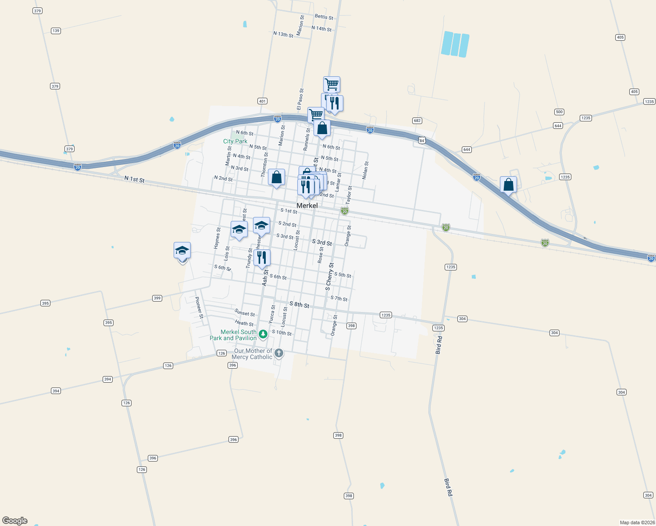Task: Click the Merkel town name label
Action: pos(307,206)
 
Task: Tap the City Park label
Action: pos(235,141)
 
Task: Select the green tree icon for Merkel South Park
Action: pos(263,334)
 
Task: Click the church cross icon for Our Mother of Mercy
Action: pos(278,353)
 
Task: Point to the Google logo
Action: pos(15,521)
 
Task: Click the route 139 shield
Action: pos(56,31)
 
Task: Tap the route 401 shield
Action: pos(262,101)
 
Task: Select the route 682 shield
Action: pos(417,121)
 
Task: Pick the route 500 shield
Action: pos(559,112)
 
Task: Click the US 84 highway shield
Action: pos(422,140)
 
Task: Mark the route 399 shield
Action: pos(157,298)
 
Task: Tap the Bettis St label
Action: pos(324,17)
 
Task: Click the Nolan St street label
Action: pos(365,170)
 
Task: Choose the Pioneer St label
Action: pos(199,307)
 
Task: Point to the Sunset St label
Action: pos(245,313)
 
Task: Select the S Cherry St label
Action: pos(329,277)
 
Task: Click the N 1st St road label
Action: pos(134,179)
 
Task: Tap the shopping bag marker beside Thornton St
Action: pos(276,178)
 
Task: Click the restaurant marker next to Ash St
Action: pos(262,258)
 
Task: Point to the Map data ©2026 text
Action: pos(637,522)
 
